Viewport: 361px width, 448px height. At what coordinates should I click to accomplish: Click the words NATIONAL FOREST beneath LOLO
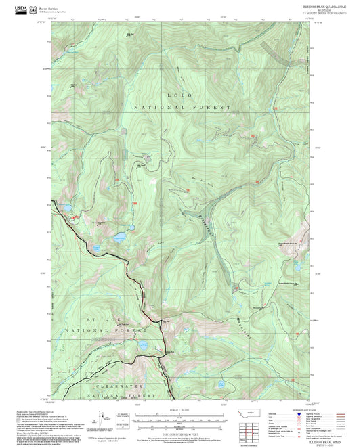pyautogui.click(x=182, y=108)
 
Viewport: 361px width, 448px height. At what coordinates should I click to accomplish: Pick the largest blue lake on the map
pyautogui.click(x=121, y=238)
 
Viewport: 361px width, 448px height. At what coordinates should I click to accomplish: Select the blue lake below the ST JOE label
pyautogui.click(x=144, y=345)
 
